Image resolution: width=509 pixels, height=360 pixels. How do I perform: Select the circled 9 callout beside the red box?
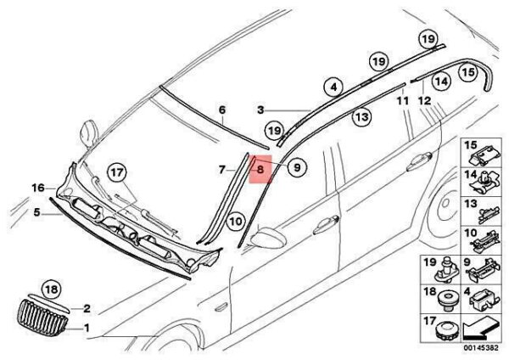click(x=296, y=168)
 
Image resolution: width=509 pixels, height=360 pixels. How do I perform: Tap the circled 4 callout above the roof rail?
click(x=333, y=87)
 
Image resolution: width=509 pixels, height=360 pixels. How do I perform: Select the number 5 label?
click(x=37, y=213)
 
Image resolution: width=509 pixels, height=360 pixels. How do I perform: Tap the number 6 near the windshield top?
click(x=222, y=110)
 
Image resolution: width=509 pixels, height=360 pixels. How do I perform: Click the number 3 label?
click(x=262, y=110)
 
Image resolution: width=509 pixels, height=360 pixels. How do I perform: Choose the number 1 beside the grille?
click(x=86, y=327)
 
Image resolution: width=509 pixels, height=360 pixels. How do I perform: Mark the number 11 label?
click(x=403, y=101)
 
